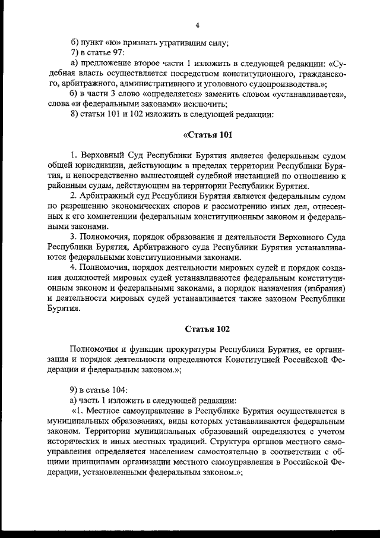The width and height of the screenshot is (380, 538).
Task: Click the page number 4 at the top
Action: click(x=197, y=25)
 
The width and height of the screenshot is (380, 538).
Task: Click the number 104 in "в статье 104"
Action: click(x=119, y=389)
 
